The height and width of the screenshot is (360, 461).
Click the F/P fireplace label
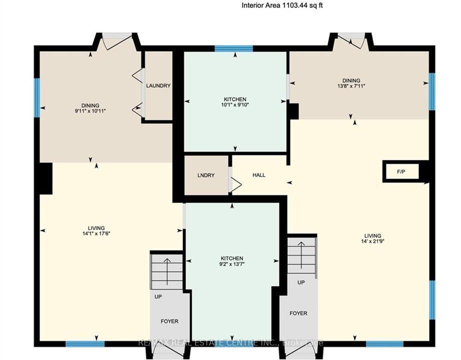pos(401,172)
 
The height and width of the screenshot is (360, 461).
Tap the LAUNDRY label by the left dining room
pos(158,85)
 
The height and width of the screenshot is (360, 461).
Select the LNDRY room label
pos(206,175)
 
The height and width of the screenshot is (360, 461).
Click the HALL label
pos(258,175)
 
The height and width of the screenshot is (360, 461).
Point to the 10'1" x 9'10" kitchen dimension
pos(235,104)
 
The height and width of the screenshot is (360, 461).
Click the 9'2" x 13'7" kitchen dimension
pos(231,264)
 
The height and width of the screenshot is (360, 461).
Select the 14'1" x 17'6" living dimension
pos(96,233)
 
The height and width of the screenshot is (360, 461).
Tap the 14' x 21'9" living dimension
pos(373,241)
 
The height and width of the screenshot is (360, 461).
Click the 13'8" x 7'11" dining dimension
pos(351,86)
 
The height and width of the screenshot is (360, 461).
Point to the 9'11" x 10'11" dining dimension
pos(90,111)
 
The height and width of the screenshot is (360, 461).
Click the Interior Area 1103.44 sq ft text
pos(282,5)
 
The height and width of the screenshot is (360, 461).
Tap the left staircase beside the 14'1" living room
pos(167,271)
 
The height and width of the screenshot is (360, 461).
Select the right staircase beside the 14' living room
pos(302,255)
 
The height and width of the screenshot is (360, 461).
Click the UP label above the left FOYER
pos(158,296)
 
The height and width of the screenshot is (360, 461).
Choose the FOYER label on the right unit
pos(298,313)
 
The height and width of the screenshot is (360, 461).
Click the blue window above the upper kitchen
pos(233,48)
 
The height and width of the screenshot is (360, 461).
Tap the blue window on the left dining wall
pos(37,97)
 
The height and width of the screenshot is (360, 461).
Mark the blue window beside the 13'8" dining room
pos(432,91)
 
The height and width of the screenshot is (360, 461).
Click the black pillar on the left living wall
pos(46,178)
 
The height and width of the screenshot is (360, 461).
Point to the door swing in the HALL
pos(236,184)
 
